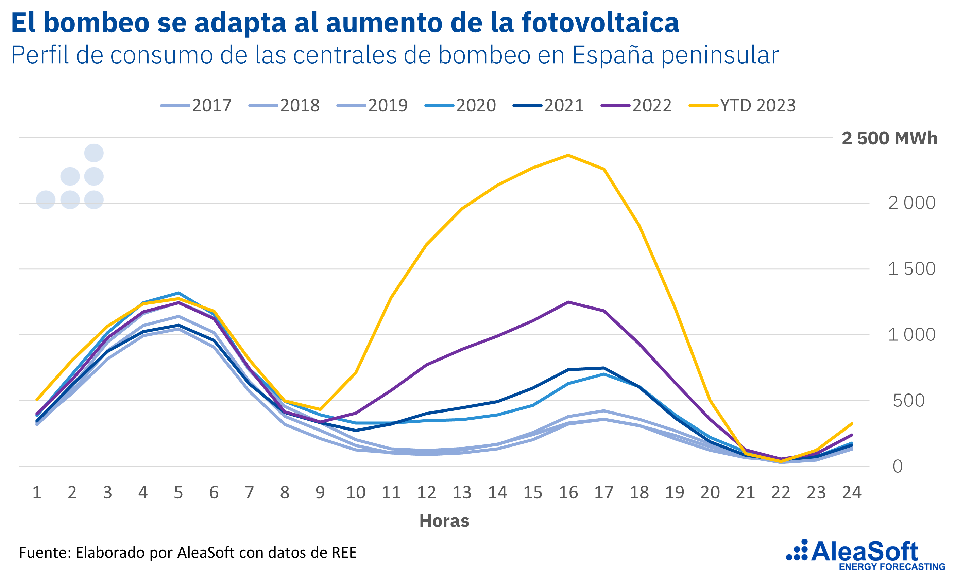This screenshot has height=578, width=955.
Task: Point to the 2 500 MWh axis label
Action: [889, 138]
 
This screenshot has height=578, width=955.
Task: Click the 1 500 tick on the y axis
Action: [911, 269]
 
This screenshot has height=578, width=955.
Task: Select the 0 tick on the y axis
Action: [898, 467]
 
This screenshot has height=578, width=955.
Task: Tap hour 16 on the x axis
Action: [568, 492]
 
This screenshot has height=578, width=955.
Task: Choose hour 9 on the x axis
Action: [320, 492]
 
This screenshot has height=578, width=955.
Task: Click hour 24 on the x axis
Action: [852, 492]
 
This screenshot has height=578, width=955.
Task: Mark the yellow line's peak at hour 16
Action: [568, 155]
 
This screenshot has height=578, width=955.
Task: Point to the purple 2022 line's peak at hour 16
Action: [568, 302]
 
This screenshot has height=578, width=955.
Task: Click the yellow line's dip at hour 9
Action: [320, 409]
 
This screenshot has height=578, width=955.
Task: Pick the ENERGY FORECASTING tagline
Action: [892, 567]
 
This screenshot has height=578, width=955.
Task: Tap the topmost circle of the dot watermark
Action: [94, 153]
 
